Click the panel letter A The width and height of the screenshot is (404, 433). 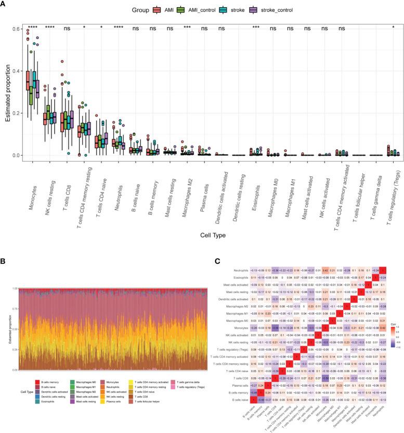pos(4,4)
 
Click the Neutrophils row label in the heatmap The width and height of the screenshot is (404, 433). pos(242,270)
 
